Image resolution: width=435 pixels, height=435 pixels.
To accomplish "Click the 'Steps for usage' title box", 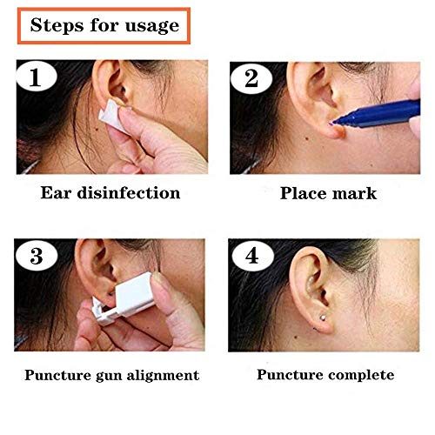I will [104, 24].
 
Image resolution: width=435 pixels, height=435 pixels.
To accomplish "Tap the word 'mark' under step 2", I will [355, 192].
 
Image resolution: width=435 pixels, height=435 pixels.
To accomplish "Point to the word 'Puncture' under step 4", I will [291, 375].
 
